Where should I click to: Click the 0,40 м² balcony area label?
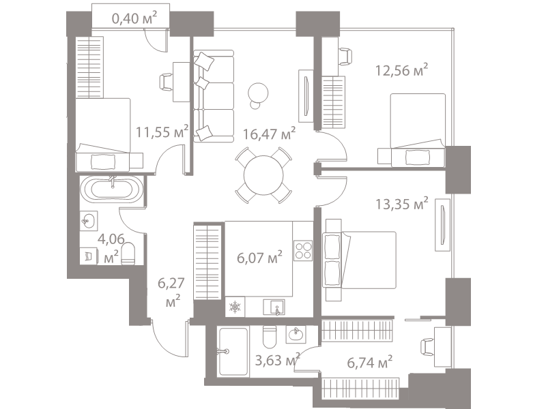click(134, 18)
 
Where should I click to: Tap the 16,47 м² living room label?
click(269, 133)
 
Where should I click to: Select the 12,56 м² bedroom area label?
click(401, 70)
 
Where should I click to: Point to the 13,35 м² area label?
click(401, 203)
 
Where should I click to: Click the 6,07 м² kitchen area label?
click(259, 258)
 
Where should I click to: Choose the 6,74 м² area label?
click(370, 363)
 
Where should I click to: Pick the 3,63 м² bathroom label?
click(278, 360)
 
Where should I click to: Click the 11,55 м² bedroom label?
click(162, 132)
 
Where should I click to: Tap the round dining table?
click(263, 175)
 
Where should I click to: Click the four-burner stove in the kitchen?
click(303, 251)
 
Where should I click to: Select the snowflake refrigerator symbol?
click(235, 307)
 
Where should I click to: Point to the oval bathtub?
click(111, 190)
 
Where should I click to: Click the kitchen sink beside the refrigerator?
click(274, 307)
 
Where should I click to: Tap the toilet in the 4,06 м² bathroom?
click(128, 254)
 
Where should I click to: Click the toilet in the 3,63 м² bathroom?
click(269, 337)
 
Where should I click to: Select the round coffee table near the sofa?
click(258, 95)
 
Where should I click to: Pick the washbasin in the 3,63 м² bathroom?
click(296, 335)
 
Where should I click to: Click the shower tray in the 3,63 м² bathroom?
click(233, 352)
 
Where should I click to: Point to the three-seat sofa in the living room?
click(214, 96)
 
